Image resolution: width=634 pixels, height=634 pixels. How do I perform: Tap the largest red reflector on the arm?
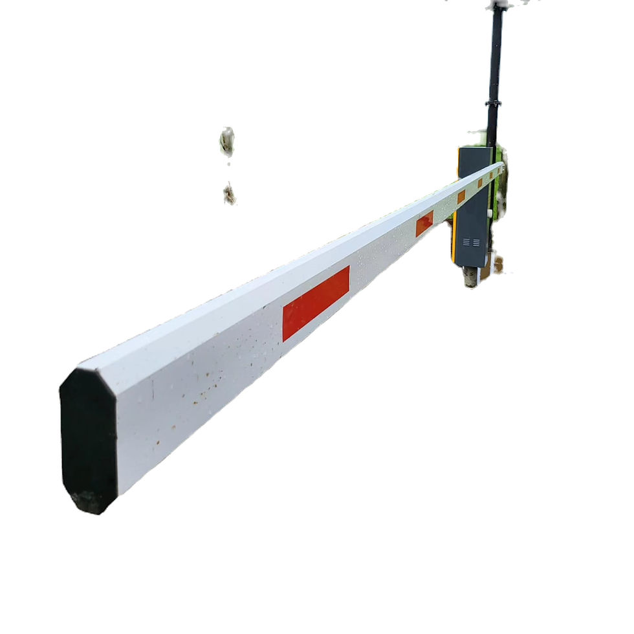pos(316,303)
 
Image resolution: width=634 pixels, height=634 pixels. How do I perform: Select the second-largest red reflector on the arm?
pos(424,223)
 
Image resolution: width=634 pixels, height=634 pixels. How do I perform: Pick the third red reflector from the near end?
pos(461,197)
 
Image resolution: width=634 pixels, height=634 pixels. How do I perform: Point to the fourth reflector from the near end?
pos(480,183)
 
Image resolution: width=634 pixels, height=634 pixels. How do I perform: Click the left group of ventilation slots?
pos(466,242)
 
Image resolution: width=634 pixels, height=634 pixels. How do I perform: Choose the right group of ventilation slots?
pos(476,242)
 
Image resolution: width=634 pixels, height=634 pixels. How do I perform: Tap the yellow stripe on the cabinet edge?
pos(454,239)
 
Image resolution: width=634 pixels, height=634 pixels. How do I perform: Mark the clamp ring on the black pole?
pos(494,104)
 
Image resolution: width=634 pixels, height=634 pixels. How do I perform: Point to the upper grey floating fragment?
pos(227,140)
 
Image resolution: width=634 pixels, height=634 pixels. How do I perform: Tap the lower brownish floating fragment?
pos(229,193)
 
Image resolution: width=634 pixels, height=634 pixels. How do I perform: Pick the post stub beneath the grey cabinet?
pos(470,277)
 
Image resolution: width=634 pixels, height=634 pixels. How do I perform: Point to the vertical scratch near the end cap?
pos(153,388)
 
